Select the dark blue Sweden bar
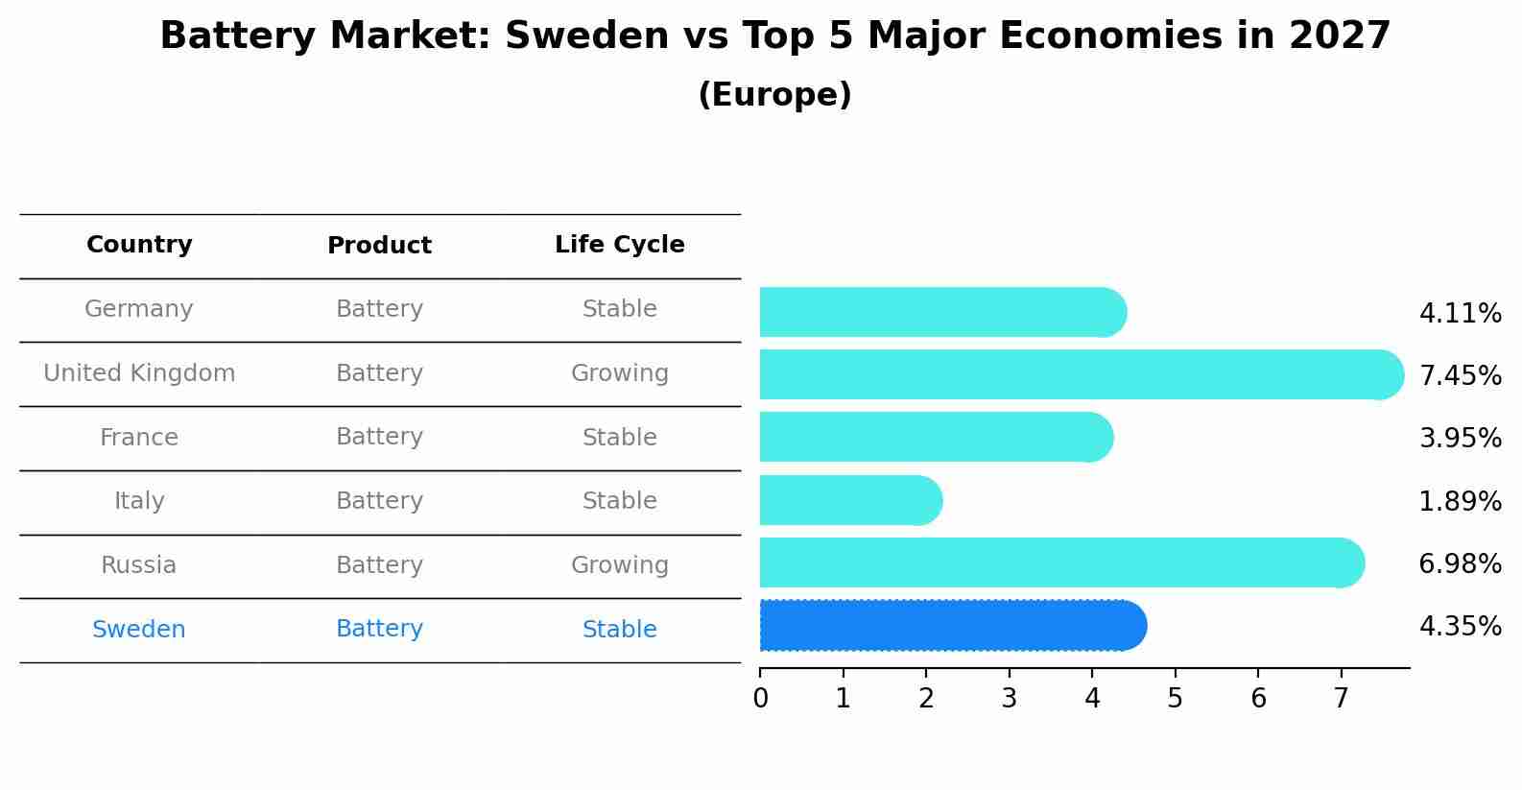pos(950,626)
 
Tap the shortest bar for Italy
pos(849,500)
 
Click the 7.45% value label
pos(1460,375)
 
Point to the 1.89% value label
pos(1460,501)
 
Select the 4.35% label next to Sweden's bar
pos(1460,627)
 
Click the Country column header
pos(139,245)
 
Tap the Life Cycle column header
pos(619,245)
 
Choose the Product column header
pos(379,246)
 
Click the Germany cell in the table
pos(139,309)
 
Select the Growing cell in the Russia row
pos(619,565)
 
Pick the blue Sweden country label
pos(139,630)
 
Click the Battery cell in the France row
pos(379,437)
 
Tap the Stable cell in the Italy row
pos(619,501)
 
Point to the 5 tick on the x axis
pos(1175,698)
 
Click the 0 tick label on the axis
pos(760,698)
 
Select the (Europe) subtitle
pos(774,95)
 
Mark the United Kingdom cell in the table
pos(139,373)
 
